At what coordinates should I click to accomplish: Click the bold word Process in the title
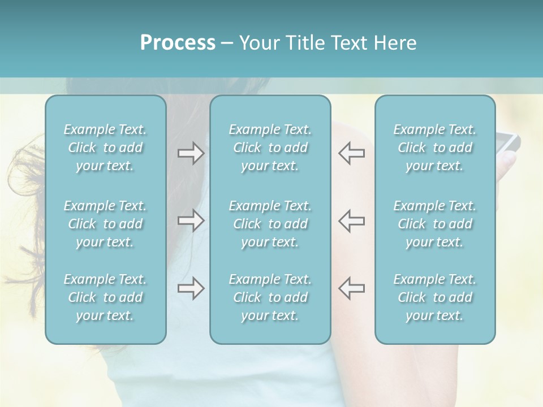click(178, 43)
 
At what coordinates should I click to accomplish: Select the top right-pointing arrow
click(191, 153)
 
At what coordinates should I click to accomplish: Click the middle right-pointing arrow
click(191, 220)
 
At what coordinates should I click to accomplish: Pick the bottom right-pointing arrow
click(191, 288)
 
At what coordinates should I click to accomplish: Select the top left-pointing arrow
click(351, 153)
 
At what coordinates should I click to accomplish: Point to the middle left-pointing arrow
click(351, 220)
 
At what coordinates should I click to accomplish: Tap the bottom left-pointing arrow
click(351, 288)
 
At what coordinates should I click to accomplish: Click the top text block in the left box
click(105, 148)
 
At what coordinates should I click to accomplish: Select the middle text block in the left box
click(105, 224)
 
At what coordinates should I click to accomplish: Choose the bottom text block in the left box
click(105, 297)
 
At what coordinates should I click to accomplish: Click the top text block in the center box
click(270, 148)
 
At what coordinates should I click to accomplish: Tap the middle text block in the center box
click(270, 224)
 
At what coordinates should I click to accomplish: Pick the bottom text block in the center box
click(270, 297)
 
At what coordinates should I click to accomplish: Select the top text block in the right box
click(435, 148)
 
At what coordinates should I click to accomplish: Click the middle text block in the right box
click(435, 224)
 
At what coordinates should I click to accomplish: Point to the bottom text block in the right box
click(435, 297)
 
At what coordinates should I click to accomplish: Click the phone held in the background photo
click(507, 141)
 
